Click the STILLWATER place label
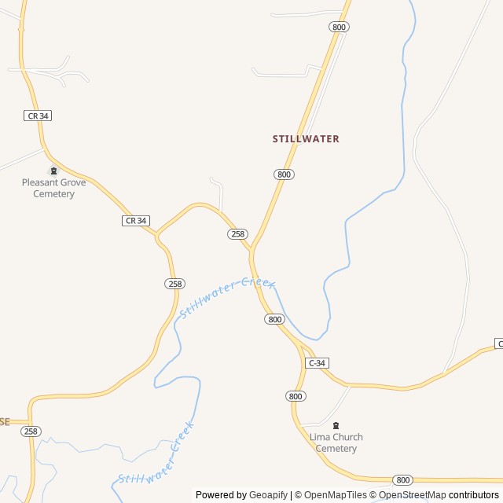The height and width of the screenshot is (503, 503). [x=306, y=139]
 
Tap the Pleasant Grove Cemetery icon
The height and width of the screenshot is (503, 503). [x=53, y=171]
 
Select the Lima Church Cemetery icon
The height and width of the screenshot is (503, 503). [x=336, y=425]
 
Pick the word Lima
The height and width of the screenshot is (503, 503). [x=320, y=437]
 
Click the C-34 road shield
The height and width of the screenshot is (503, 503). [x=317, y=363]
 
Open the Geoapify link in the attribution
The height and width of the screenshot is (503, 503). [x=268, y=495]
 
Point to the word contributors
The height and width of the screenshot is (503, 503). [x=474, y=495]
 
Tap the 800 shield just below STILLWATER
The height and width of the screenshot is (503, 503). [x=285, y=174]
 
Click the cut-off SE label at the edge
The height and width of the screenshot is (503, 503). [x=5, y=422]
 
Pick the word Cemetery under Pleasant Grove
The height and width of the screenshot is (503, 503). [x=53, y=193]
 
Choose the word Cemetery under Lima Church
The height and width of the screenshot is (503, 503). [x=336, y=449]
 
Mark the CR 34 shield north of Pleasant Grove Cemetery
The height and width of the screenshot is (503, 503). [x=38, y=116]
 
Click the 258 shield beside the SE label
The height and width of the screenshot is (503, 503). [x=31, y=431]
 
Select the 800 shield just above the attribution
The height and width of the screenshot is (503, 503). [x=402, y=479]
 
